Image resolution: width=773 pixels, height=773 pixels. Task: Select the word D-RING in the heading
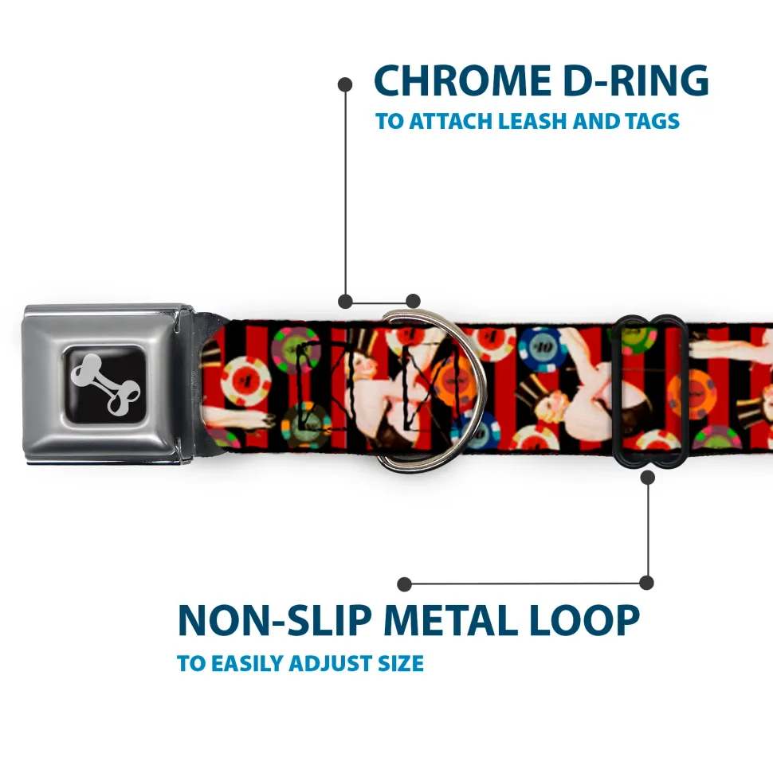click(x=636, y=80)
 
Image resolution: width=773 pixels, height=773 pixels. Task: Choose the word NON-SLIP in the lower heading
click(x=274, y=620)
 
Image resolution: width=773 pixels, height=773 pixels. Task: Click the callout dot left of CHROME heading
click(x=345, y=84)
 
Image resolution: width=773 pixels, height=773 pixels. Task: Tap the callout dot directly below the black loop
click(x=648, y=477)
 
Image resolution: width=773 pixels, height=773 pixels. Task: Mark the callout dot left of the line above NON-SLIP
click(x=404, y=584)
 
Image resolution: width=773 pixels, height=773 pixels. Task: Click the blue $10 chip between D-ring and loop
click(x=543, y=349)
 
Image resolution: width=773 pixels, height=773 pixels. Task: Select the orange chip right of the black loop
click(x=692, y=394)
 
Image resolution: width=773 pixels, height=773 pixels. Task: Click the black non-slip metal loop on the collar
click(x=648, y=391)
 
